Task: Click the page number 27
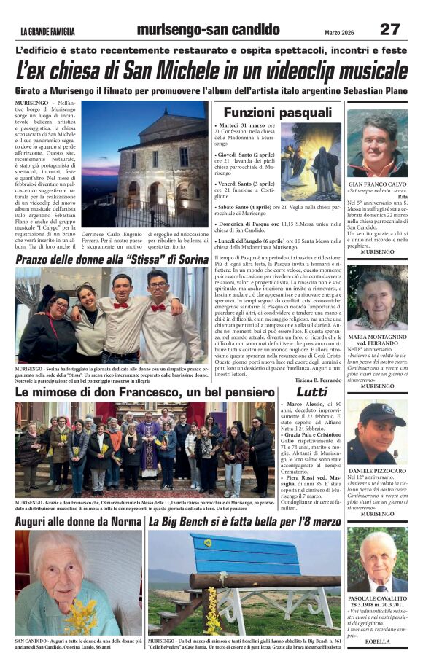point(390,29)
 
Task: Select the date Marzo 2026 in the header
point(339,31)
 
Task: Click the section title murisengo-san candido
point(208,30)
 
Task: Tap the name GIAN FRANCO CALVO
point(377,186)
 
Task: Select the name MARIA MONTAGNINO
point(377,337)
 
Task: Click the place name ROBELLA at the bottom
point(377,641)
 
